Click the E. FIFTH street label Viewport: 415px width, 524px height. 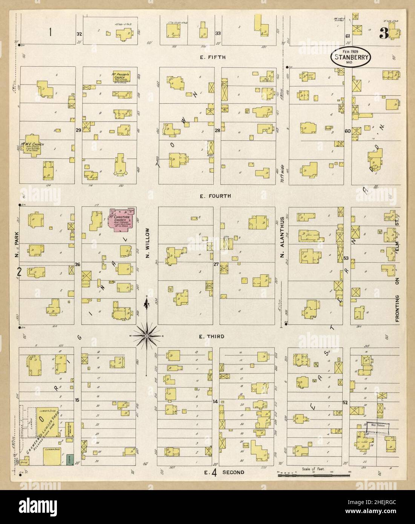click(x=213, y=57)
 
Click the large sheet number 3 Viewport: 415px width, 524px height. click(x=384, y=34)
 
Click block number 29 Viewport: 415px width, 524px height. click(x=78, y=130)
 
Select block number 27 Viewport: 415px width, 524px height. click(x=216, y=264)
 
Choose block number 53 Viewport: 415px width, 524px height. click(x=346, y=259)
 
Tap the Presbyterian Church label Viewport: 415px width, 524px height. click(x=121, y=76)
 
